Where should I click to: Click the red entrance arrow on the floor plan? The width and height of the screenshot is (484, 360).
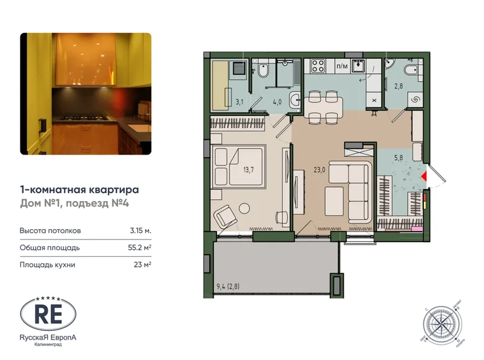[x=424, y=178]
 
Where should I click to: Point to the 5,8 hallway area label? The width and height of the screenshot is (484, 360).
[x=402, y=156]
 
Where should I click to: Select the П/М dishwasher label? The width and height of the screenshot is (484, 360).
[x=341, y=64]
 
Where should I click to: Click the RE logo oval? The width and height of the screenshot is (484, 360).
[x=48, y=313]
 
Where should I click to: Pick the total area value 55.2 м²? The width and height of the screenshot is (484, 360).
[x=140, y=248]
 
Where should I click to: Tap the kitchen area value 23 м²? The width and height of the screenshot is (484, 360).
[x=143, y=264]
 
